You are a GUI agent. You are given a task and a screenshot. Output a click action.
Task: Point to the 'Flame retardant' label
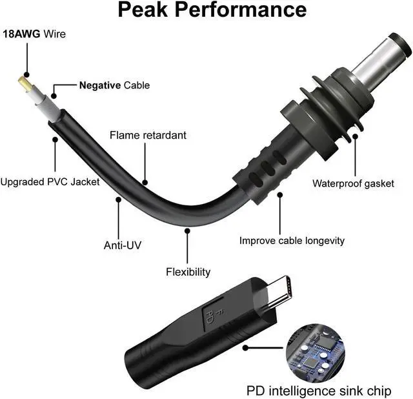148,136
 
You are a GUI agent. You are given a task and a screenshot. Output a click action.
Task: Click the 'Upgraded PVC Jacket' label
50,182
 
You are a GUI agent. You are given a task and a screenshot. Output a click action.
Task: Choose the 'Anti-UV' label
123,245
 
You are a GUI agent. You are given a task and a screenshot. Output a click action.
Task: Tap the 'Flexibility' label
188,272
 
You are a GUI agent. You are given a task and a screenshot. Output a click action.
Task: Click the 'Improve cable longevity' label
292,241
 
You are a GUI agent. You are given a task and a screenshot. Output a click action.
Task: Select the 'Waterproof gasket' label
353,183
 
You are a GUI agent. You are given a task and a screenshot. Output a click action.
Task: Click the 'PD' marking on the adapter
210,316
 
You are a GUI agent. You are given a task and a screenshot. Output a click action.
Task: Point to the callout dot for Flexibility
187,229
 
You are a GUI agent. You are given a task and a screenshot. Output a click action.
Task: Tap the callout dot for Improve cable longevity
279,192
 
